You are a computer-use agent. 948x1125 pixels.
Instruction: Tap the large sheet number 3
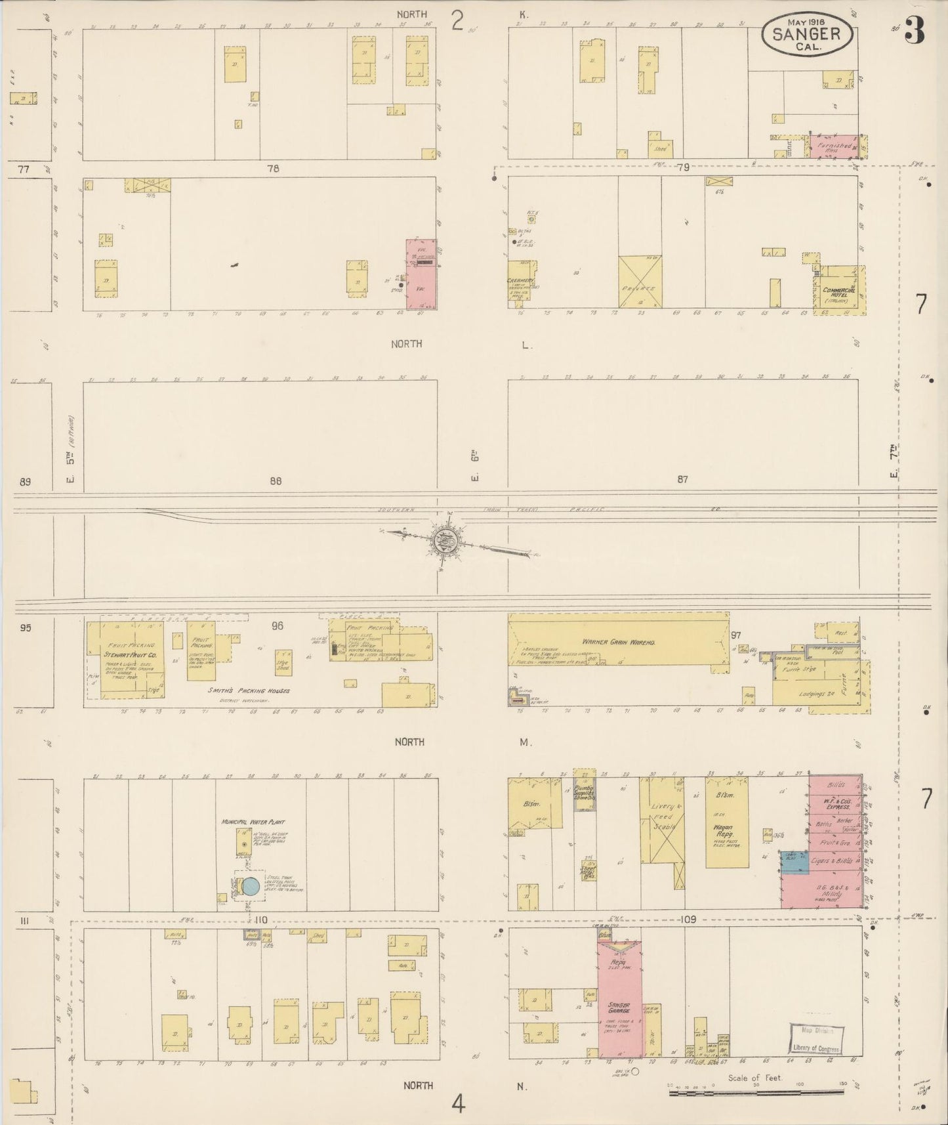[915, 30]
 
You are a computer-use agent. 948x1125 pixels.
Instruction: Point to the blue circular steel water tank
[251, 886]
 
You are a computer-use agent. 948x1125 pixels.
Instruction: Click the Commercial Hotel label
[835, 293]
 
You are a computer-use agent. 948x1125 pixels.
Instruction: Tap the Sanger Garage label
[619, 1008]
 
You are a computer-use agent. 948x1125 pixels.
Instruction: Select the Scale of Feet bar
[756, 1092]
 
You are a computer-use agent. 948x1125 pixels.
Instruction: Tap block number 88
[276, 481]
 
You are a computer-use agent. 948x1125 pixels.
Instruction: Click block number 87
[683, 480]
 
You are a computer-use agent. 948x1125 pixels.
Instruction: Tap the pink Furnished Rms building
[834, 147]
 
